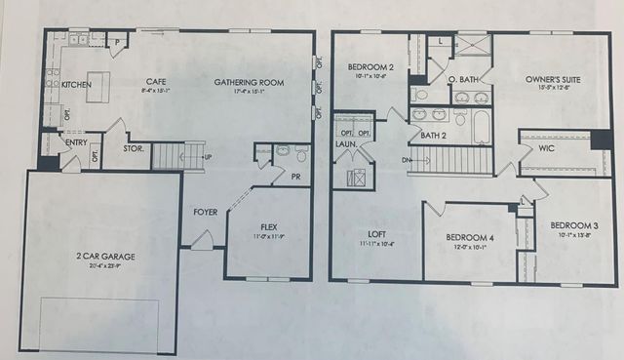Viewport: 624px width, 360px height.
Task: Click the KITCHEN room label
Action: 77,86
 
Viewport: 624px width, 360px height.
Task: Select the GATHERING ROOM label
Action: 249,83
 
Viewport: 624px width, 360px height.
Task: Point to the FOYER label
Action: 206,210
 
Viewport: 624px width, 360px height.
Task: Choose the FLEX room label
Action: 268,225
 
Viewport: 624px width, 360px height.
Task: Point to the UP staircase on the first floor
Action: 181,154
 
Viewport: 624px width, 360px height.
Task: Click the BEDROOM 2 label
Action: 370,67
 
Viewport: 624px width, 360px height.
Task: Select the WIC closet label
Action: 546,148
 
